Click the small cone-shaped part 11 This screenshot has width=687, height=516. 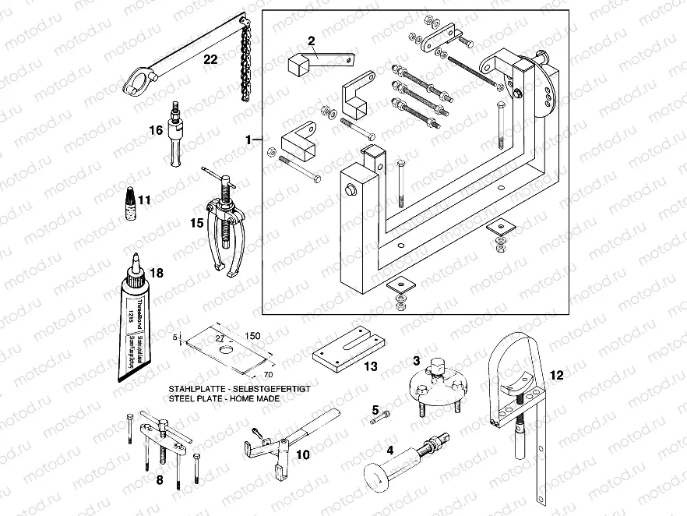[x=125, y=200]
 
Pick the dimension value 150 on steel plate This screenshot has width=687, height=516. [x=252, y=336]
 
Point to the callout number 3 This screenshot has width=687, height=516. [x=417, y=361]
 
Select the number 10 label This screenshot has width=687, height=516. [x=303, y=454]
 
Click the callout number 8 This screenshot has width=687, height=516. [x=160, y=480]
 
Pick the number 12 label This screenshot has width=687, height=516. [x=555, y=373]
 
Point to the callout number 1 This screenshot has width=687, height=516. [x=248, y=140]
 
